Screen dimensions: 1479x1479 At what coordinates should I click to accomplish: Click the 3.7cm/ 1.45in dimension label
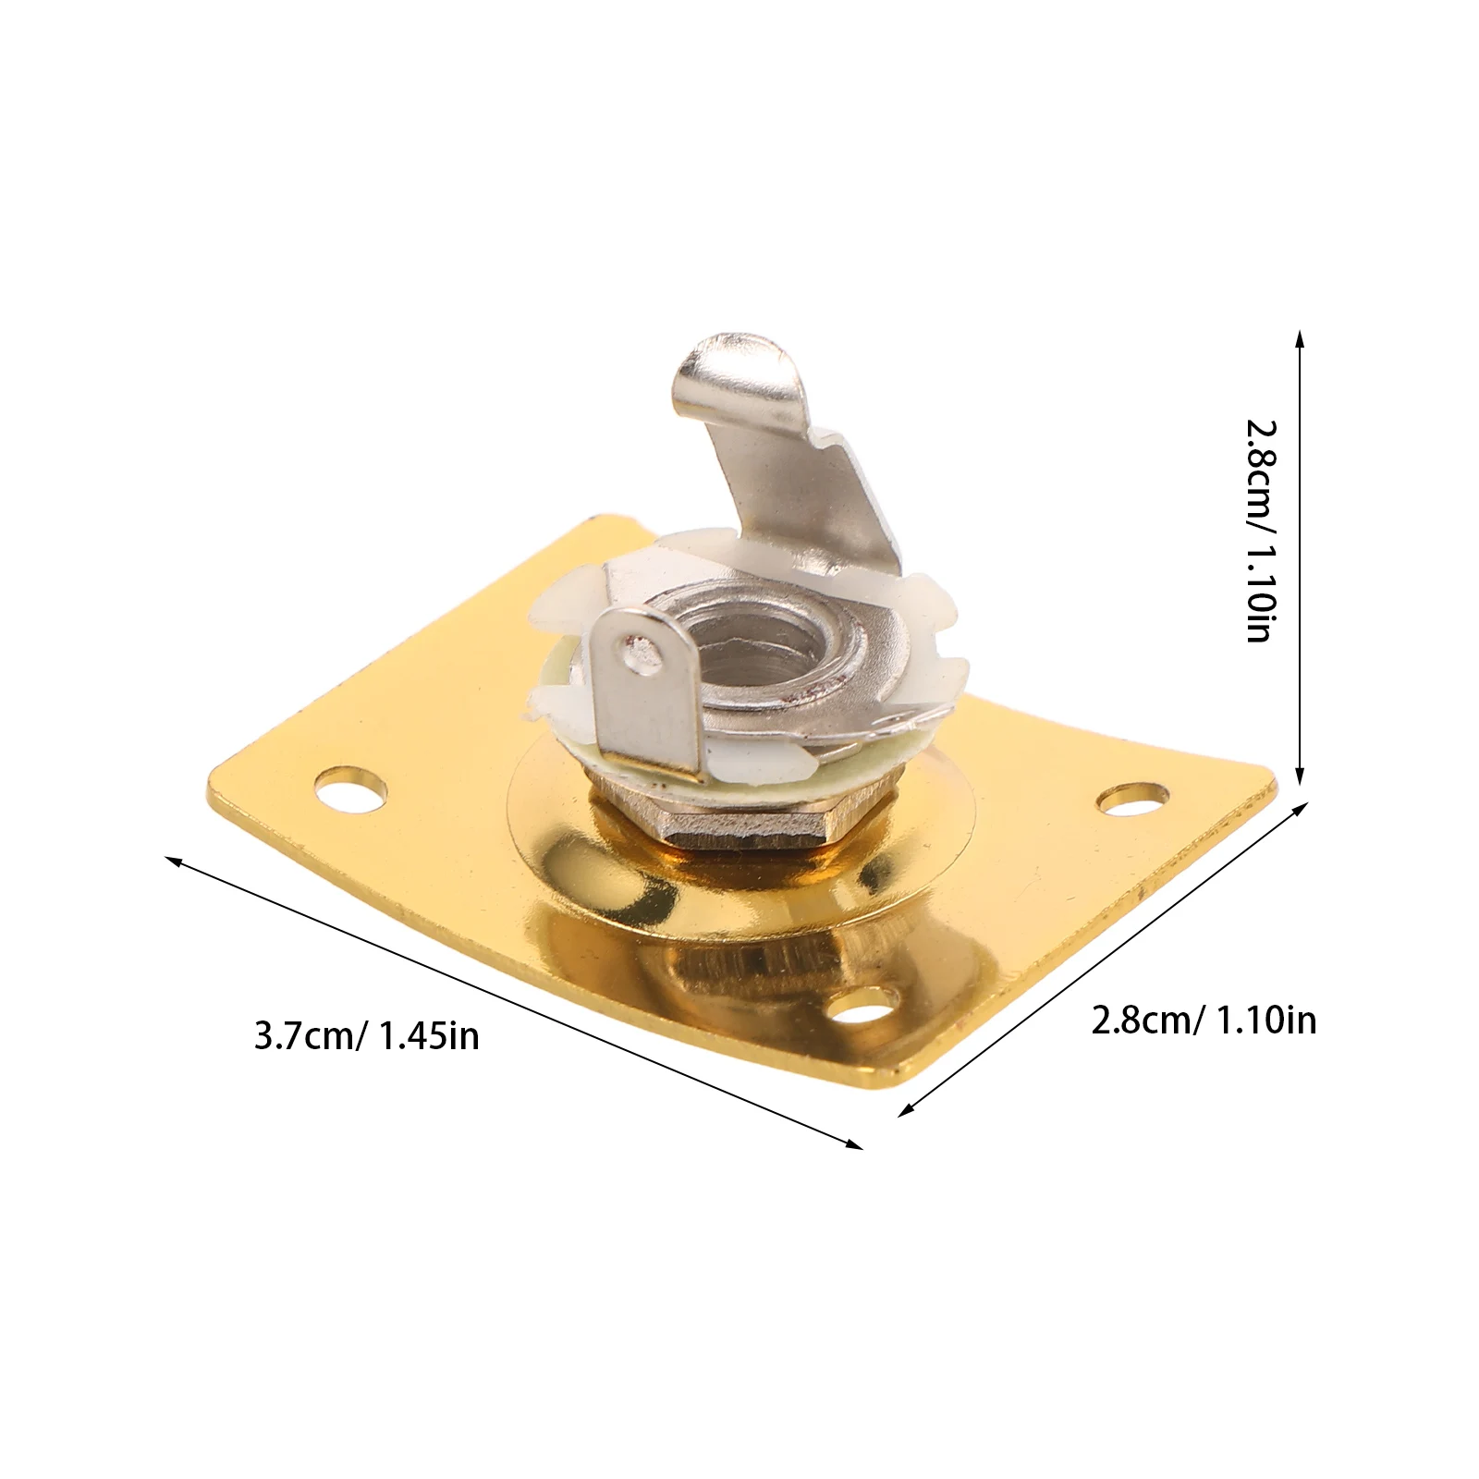(367, 1036)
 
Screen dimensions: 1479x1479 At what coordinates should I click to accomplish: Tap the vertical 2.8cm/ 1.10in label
(1261, 531)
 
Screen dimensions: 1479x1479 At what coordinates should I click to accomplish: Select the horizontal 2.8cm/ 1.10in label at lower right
(1204, 1021)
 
